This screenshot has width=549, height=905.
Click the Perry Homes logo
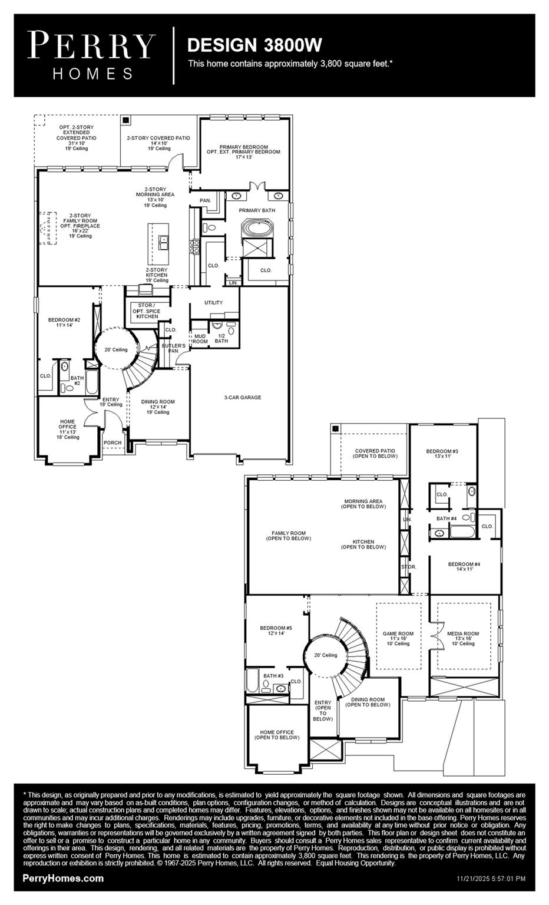(x=91, y=55)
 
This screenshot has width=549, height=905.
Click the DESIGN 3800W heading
(x=254, y=45)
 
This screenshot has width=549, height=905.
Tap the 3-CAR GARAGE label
(x=242, y=397)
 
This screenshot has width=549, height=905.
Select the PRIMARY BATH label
(x=256, y=210)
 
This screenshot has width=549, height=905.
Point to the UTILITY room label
(x=213, y=302)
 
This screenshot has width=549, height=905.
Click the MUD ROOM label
(x=200, y=338)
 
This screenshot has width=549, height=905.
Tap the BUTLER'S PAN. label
(x=173, y=348)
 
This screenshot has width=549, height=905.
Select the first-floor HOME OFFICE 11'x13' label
(x=67, y=429)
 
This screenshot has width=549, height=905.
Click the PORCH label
(x=113, y=442)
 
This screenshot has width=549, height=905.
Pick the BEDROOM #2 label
(x=64, y=322)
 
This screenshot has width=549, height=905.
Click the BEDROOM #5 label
(x=276, y=630)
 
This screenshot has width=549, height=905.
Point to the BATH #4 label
(x=447, y=518)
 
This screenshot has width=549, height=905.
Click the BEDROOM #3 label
(x=442, y=454)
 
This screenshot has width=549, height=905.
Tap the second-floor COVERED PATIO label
(x=375, y=454)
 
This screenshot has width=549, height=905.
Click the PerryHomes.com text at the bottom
(x=63, y=878)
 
